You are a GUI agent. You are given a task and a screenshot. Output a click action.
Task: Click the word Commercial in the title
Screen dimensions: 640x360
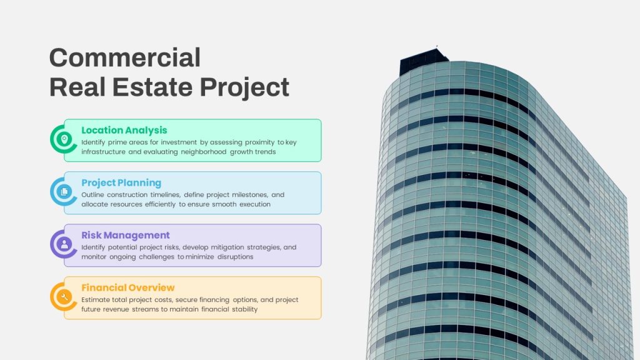coord(125,57)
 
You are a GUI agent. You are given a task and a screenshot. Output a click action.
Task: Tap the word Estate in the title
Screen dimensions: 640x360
coord(152,87)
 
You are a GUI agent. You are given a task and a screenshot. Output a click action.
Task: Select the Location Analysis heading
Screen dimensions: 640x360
coord(124,130)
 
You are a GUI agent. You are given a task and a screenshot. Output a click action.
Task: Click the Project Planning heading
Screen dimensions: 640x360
coord(121,183)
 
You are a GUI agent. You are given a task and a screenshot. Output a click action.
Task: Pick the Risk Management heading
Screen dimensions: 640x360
coord(125,235)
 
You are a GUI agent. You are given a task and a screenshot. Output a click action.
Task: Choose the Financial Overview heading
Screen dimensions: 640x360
coord(127,287)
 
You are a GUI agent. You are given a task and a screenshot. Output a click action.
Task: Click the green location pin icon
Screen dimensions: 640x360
coord(64,139)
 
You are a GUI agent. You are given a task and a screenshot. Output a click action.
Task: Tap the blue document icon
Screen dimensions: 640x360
coord(64,191)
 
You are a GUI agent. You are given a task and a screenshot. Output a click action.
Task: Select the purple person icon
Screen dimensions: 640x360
coord(64,244)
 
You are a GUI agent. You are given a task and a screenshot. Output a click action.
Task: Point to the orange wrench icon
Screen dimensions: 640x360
coord(64,296)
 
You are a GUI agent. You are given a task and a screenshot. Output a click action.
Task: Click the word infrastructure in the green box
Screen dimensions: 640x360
coord(103,152)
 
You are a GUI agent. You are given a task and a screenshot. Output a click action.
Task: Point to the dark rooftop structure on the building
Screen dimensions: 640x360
coord(423,61)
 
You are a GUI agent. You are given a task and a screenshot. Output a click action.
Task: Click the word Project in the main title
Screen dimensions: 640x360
coord(244,87)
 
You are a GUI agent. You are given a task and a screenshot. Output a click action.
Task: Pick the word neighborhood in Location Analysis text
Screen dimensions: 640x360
coord(204,152)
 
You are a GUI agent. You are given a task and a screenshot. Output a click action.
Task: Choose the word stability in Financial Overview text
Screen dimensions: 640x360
coord(245,309)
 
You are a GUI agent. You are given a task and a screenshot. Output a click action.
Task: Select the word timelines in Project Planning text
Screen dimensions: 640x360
coord(165,195)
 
